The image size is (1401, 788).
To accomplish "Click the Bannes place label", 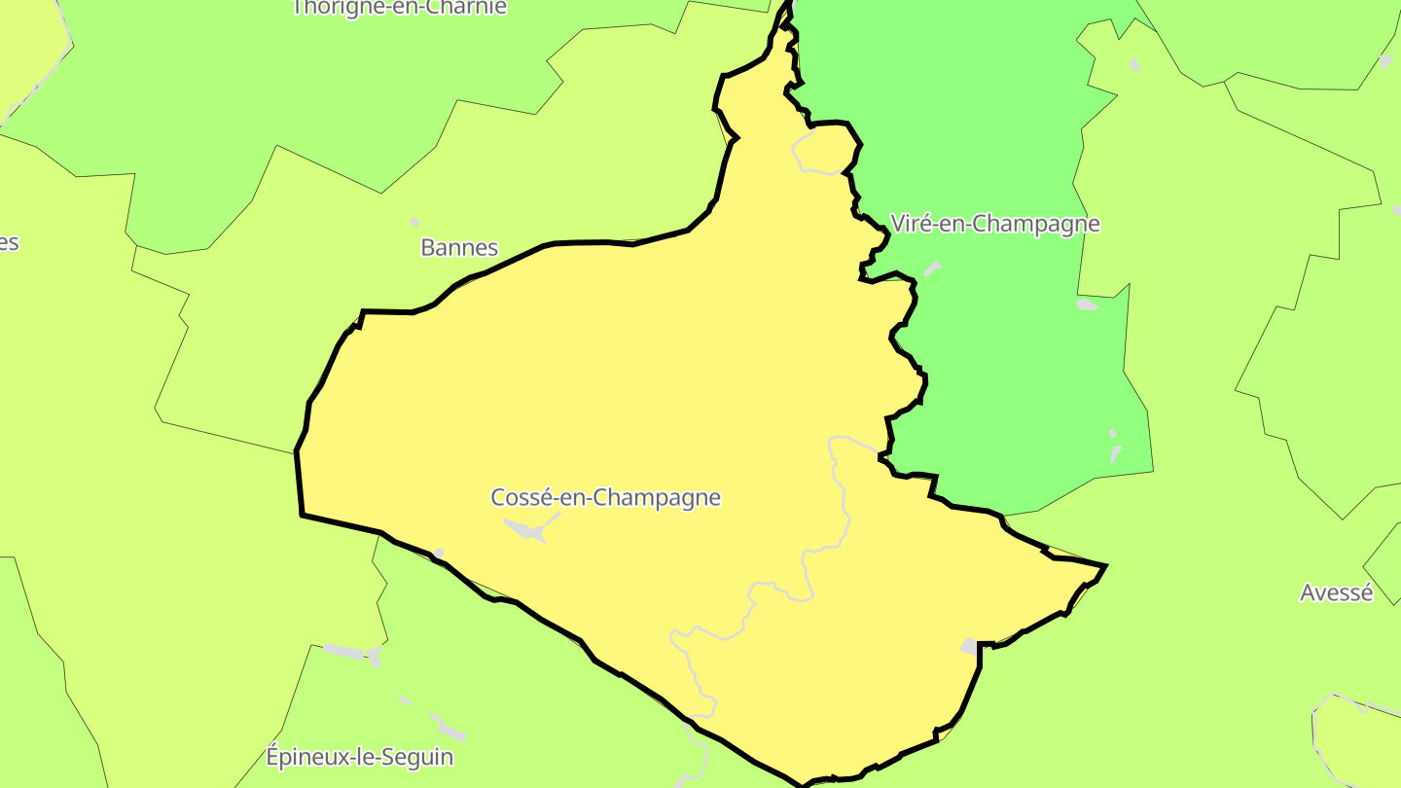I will tap(459, 247).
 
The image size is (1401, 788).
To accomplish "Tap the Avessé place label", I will tap(1336, 592).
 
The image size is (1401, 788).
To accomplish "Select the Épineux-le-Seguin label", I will tap(359, 756).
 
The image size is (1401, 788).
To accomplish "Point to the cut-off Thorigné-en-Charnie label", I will tap(400, 8).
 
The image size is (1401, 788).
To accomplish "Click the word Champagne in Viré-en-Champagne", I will tap(1036, 224).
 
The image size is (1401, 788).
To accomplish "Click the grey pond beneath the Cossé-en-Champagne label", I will tap(525, 530).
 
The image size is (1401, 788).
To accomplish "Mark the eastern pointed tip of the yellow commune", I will tap(1104, 565).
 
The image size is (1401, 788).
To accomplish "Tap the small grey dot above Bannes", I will tap(414, 222).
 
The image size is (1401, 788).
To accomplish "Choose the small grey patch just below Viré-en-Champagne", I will tap(932, 269).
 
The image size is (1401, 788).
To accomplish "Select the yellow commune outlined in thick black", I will tap(632, 389).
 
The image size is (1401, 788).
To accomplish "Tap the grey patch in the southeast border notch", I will tap(969, 646).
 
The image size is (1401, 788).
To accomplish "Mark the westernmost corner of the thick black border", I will tap(297, 452).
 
